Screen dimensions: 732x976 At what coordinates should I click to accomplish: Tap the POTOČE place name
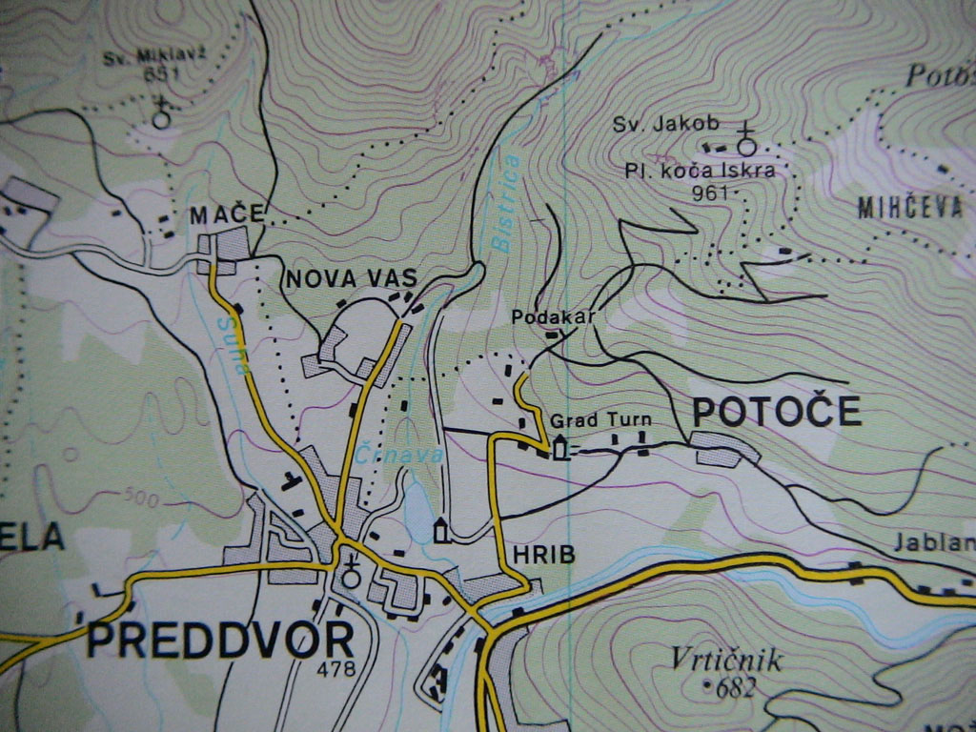click(776, 412)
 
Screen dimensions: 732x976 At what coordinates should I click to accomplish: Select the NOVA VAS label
click(352, 278)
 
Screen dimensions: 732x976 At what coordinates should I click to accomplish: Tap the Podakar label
click(553, 316)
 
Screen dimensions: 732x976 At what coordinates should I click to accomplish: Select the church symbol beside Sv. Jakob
click(746, 143)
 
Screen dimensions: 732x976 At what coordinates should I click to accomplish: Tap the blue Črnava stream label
click(399, 456)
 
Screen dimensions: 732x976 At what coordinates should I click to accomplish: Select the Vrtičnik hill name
click(725, 660)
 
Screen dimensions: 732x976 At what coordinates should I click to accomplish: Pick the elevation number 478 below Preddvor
click(335, 669)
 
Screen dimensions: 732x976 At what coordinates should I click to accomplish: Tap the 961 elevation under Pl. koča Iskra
click(713, 193)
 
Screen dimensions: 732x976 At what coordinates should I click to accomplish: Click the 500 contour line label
click(140, 498)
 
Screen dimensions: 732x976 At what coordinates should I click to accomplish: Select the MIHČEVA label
click(910, 209)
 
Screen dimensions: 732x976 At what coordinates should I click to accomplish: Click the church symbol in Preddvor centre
click(351, 573)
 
